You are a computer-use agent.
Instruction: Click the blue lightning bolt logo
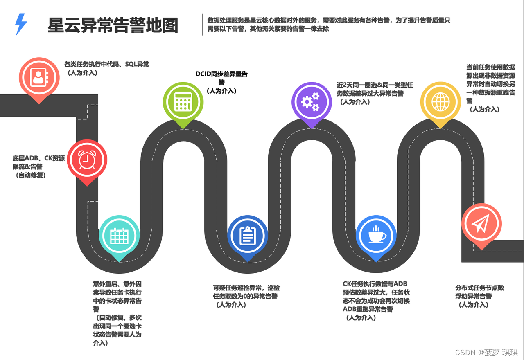(x=21, y=24)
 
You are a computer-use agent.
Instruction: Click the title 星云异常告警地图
(x=113, y=25)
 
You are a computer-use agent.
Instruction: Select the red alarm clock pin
(x=87, y=160)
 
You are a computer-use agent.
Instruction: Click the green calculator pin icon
(x=183, y=102)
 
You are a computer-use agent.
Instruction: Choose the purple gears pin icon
(x=312, y=102)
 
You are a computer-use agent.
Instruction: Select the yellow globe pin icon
(x=441, y=102)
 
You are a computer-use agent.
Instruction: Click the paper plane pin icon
(x=481, y=223)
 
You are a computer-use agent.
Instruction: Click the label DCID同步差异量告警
(x=221, y=78)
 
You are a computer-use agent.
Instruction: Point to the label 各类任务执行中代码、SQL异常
(x=106, y=64)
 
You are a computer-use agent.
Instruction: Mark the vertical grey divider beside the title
(x=203, y=25)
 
